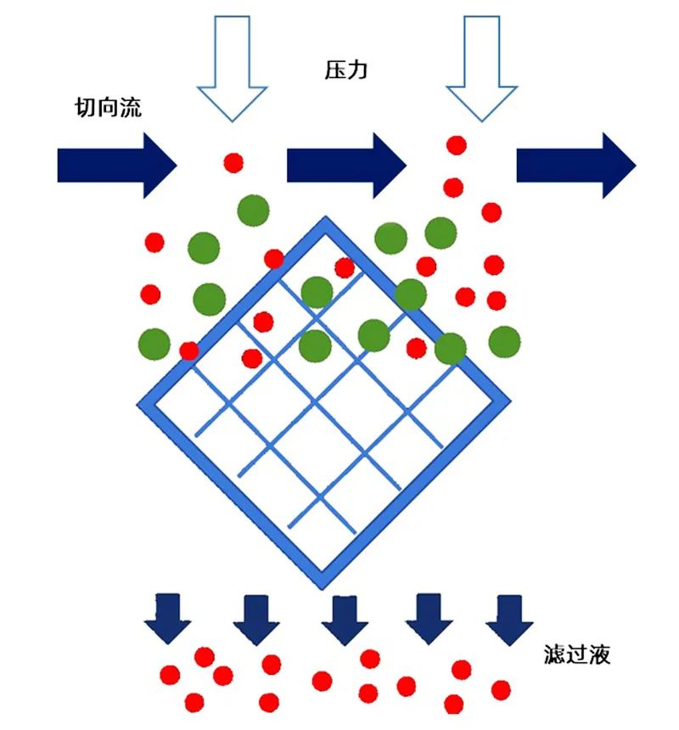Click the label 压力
click(x=345, y=70)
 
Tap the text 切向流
click(x=108, y=107)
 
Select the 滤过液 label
click(x=576, y=654)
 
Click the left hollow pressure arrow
click(x=233, y=69)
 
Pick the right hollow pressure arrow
click(x=482, y=69)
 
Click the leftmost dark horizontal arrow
click(x=117, y=166)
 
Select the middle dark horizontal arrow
click(x=346, y=166)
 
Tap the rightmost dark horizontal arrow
click(x=576, y=166)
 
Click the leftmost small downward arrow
click(x=167, y=618)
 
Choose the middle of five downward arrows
click(x=345, y=620)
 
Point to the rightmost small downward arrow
click(x=509, y=620)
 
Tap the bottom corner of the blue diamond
click(x=323, y=588)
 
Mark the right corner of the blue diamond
click(x=511, y=401)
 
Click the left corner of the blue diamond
click(x=137, y=404)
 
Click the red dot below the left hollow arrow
click(x=233, y=163)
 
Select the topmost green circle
click(x=253, y=211)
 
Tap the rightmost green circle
click(x=504, y=342)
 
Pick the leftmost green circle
click(x=154, y=344)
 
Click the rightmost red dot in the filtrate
click(x=501, y=690)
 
